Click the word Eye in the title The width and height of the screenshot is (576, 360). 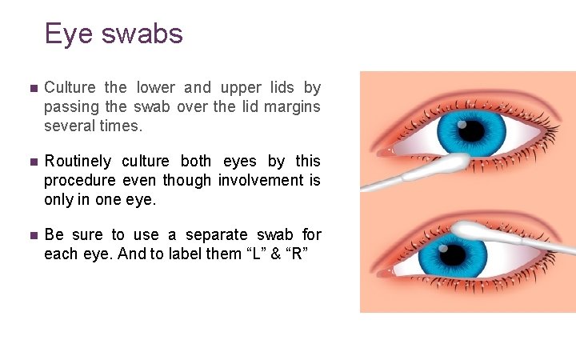[x=65, y=34]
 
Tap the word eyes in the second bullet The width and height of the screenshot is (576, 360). [x=240, y=162]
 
